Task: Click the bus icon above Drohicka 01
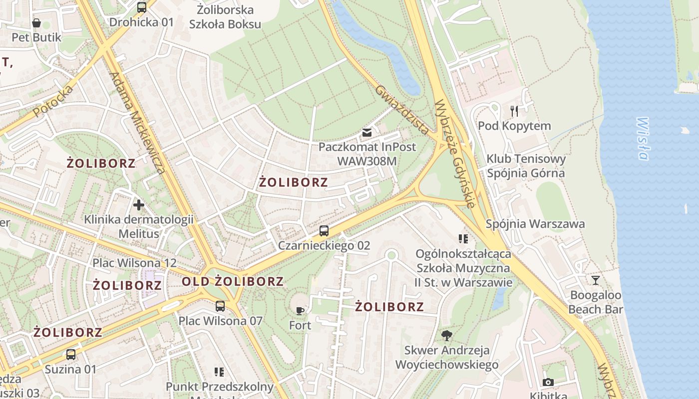coord(142,7)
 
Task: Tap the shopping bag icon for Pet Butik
coord(36,23)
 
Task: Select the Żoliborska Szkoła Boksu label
coord(225,16)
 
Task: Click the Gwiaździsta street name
coord(401,110)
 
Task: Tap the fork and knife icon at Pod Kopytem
coord(514,111)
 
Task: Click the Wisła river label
coord(643,139)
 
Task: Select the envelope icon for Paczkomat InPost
coord(367,133)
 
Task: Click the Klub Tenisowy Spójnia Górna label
coord(526,166)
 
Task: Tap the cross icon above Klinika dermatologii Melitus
coord(139,204)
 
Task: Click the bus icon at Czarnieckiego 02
coord(324,231)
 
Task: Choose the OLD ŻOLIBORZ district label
coord(233,281)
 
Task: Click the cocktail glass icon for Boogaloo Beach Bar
coord(595,280)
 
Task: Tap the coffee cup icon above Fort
coord(300,311)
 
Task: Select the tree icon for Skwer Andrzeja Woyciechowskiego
coord(446,335)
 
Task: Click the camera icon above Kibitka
coord(548,382)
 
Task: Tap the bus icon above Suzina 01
coord(71,355)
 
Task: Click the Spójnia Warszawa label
coord(535,224)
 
